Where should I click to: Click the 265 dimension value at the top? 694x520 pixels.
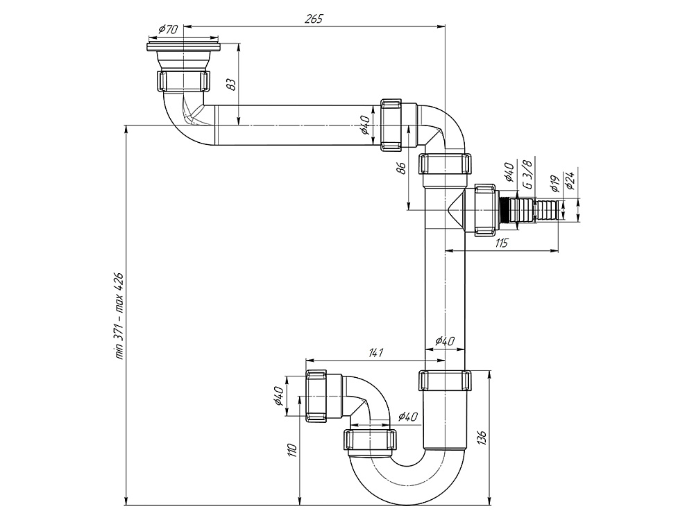(314, 19)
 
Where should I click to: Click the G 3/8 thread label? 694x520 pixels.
(529, 175)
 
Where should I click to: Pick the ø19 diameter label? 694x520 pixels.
(554, 183)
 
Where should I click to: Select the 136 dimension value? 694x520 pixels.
(482, 437)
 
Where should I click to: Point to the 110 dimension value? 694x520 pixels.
(292, 451)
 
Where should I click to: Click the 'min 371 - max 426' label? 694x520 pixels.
(119, 315)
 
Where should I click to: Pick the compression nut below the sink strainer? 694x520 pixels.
(183, 82)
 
